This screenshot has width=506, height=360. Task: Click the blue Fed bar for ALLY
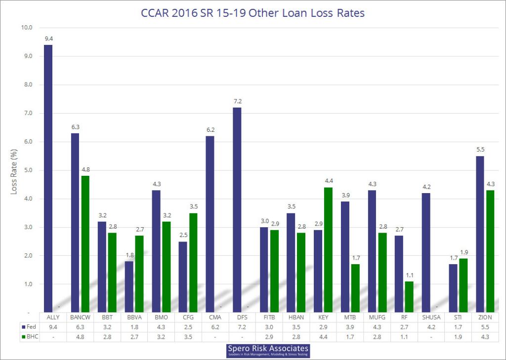pos(48,178)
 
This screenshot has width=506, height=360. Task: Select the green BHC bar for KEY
pos(328,249)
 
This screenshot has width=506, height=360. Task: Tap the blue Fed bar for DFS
pos(237,210)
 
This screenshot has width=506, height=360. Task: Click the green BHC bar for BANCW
pos(85,244)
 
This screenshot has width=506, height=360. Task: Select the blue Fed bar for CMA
pos(210,224)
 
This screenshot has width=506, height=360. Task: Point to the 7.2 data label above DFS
pos(237,101)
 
